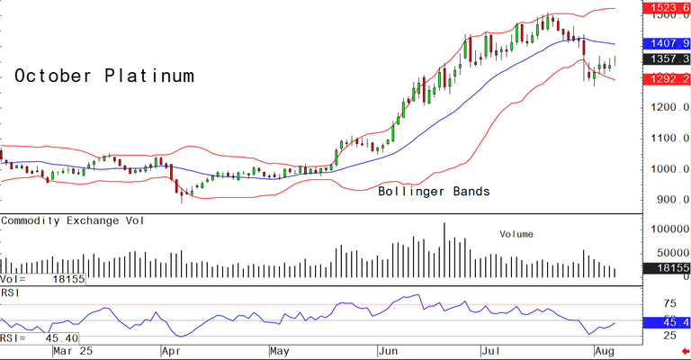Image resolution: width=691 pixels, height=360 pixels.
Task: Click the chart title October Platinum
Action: click(104, 76)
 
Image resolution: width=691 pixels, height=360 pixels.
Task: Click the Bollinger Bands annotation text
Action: click(434, 192)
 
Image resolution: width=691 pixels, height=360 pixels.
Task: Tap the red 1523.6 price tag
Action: click(665, 7)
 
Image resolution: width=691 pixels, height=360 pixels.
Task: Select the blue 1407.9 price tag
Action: click(665, 42)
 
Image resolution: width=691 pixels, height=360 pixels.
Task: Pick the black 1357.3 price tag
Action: click(665, 59)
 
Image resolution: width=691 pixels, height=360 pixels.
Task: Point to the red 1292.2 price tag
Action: click(665, 78)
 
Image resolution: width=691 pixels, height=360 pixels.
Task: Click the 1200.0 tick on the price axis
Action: click(667, 108)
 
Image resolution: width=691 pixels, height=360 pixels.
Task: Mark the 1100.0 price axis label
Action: click(667, 139)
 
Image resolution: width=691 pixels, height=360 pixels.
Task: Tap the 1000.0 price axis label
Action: click(667, 169)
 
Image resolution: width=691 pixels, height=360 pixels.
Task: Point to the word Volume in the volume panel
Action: click(516, 234)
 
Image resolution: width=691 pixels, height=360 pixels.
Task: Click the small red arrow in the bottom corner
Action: click(685, 352)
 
